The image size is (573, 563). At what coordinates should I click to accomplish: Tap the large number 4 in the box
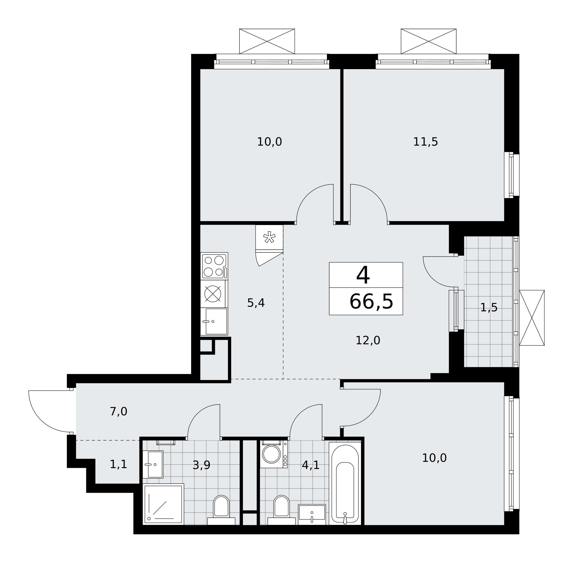click(363, 275)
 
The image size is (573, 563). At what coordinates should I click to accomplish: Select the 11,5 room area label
click(425, 142)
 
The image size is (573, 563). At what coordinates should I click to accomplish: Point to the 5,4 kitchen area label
click(256, 303)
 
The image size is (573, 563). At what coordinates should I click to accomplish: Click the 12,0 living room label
click(368, 340)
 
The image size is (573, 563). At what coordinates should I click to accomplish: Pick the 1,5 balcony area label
click(489, 308)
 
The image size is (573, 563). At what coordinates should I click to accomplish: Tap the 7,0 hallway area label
click(118, 411)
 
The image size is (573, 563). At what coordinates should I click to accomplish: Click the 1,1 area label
click(118, 464)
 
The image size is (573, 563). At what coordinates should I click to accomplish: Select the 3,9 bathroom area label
click(201, 465)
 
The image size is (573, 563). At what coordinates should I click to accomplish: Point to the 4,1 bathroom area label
click(311, 465)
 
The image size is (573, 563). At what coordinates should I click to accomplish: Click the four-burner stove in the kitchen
click(214, 266)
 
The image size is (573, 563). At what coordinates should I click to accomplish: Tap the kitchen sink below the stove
click(214, 321)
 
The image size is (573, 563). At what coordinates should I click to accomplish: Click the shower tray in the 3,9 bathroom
click(163, 505)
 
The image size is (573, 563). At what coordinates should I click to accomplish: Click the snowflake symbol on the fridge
click(269, 237)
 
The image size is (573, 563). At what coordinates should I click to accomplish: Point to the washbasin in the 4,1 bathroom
click(312, 515)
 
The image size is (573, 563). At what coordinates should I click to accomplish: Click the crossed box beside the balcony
click(532, 318)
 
